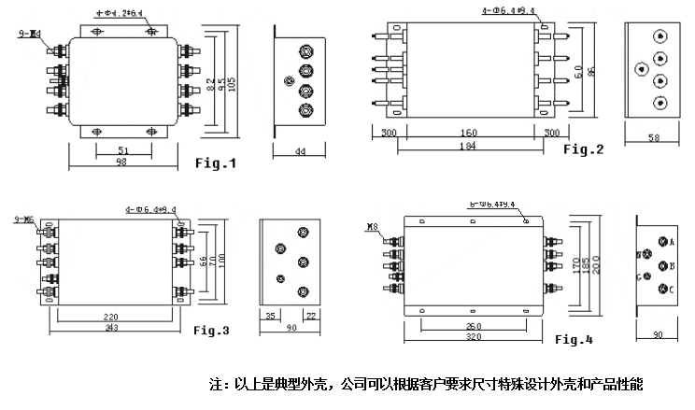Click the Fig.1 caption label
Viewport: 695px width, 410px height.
[x=216, y=163]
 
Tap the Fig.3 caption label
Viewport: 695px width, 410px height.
[x=211, y=330]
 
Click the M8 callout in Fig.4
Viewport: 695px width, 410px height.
[x=373, y=226]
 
